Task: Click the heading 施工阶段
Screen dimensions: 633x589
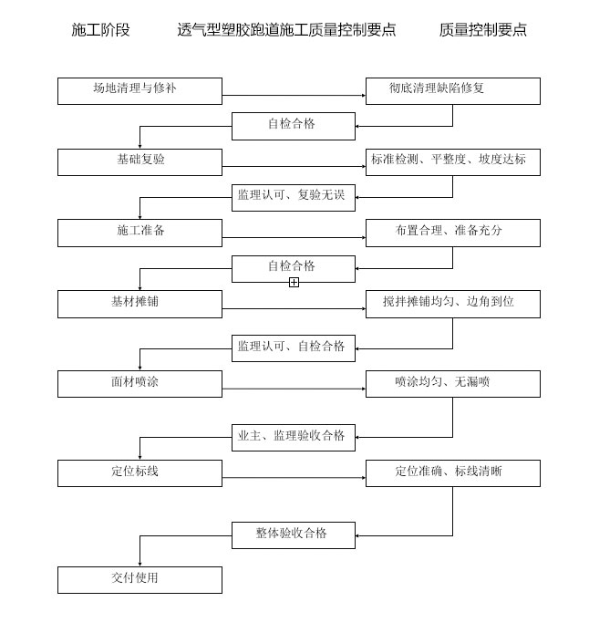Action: (x=100, y=30)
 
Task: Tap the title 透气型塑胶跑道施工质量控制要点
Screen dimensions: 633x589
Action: (x=286, y=30)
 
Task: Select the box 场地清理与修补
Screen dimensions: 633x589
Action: (x=139, y=91)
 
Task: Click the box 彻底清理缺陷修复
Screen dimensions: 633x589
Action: (x=452, y=91)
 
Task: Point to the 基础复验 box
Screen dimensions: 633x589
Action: (x=139, y=162)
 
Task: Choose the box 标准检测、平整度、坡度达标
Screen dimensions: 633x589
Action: (x=452, y=162)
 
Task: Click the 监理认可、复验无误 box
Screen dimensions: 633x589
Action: (x=293, y=197)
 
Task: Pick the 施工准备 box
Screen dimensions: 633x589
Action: (x=139, y=233)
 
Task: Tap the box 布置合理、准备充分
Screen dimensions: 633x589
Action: (x=452, y=233)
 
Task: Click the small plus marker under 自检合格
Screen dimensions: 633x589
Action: (x=294, y=283)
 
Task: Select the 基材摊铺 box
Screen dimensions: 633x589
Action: (x=139, y=304)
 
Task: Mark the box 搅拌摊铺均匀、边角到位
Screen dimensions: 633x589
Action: (x=452, y=304)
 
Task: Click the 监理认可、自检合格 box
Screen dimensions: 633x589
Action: (x=293, y=348)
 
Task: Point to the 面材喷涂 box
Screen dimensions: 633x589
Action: (x=139, y=384)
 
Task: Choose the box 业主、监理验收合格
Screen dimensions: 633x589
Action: (x=293, y=438)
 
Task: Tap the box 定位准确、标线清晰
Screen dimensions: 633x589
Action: (x=452, y=473)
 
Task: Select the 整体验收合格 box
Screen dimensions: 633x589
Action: (x=293, y=534)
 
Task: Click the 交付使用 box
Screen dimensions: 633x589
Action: (x=139, y=580)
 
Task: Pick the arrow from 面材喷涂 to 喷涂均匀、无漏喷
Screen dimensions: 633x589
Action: (x=294, y=389)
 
